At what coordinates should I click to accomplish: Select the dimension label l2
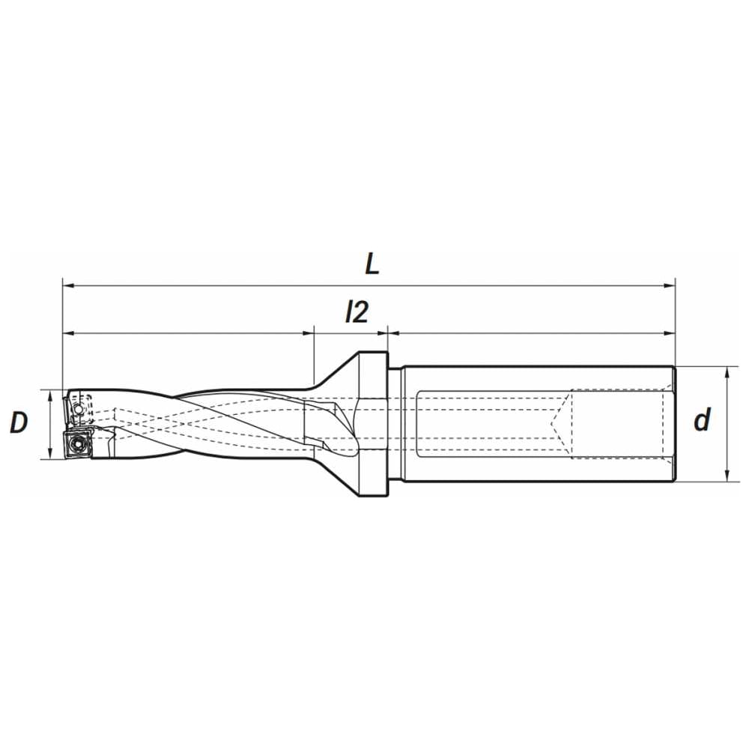(357, 312)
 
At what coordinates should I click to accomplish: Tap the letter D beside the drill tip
(18, 422)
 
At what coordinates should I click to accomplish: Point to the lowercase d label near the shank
(702, 419)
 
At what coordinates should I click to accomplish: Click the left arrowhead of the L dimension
(68, 285)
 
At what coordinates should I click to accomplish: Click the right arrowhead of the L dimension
(670, 285)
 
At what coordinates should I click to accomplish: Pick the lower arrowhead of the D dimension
(49, 454)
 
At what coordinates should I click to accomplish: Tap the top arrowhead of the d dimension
(726, 372)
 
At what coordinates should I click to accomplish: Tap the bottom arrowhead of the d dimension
(726, 476)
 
